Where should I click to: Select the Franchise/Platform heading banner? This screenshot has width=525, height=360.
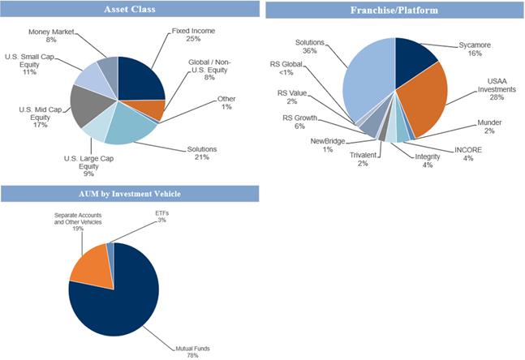click(x=394, y=11)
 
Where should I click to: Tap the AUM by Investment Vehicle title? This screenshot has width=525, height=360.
click(x=130, y=194)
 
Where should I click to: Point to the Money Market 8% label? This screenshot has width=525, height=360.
click(x=51, y=35)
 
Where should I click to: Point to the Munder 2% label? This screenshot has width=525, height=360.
click(x=490, y=126)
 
